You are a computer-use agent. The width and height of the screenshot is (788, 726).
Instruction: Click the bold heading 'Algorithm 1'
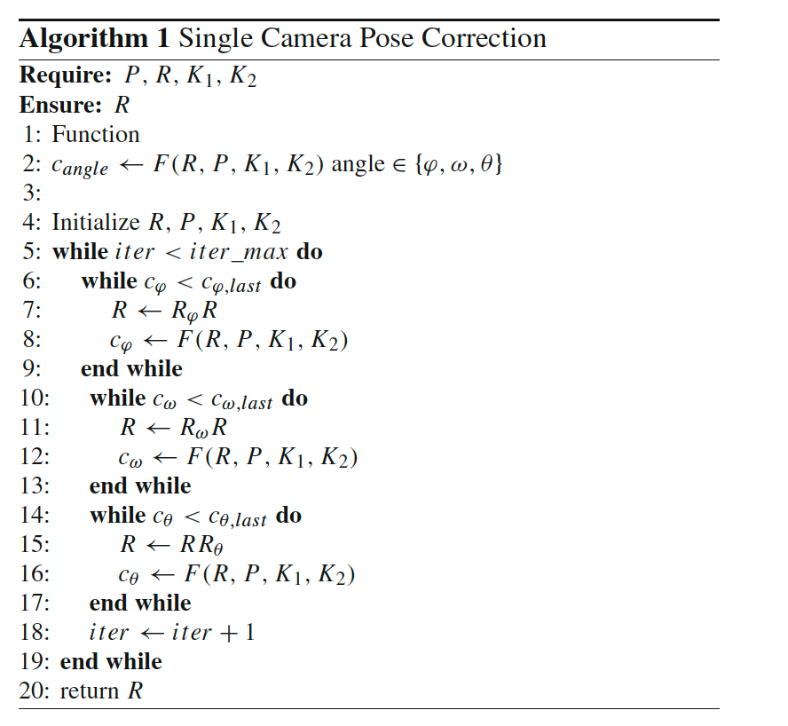(95, 39)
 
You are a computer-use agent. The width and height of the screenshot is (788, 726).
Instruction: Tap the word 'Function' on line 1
(96, 134)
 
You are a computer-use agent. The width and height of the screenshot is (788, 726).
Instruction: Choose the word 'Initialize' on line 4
(96, 222)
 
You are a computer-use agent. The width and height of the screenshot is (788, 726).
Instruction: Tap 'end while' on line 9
(131, 368)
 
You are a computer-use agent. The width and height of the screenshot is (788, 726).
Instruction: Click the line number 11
(34, 427)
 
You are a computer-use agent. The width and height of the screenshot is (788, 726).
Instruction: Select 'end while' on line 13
(140, 485)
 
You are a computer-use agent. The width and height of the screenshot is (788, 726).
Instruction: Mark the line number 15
(34, 544)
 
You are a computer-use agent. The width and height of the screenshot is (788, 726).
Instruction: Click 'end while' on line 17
(140, 603)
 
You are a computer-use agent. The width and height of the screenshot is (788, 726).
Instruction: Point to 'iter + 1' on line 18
(213, 632)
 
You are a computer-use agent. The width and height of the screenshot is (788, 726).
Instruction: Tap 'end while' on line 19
(111, 661)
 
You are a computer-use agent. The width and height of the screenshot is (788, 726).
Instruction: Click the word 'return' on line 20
(91, 690)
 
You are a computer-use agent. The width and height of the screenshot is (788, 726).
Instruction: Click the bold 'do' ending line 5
(310, 251)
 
